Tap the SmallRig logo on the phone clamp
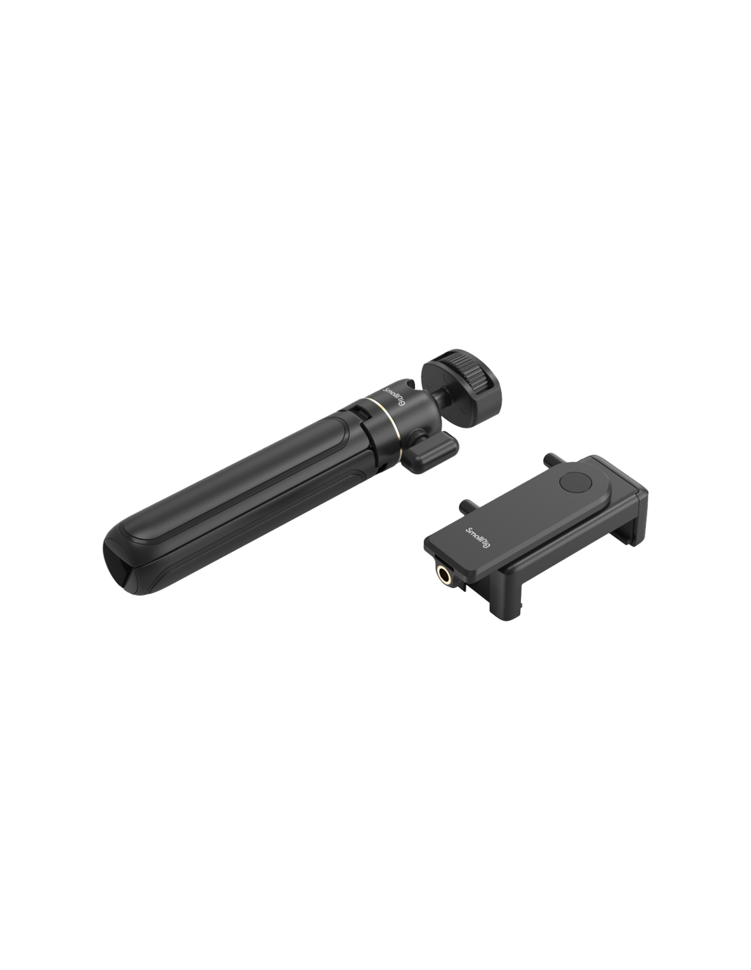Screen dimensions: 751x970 coord(478,538)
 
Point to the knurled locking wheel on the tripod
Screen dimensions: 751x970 coord(474,374)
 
